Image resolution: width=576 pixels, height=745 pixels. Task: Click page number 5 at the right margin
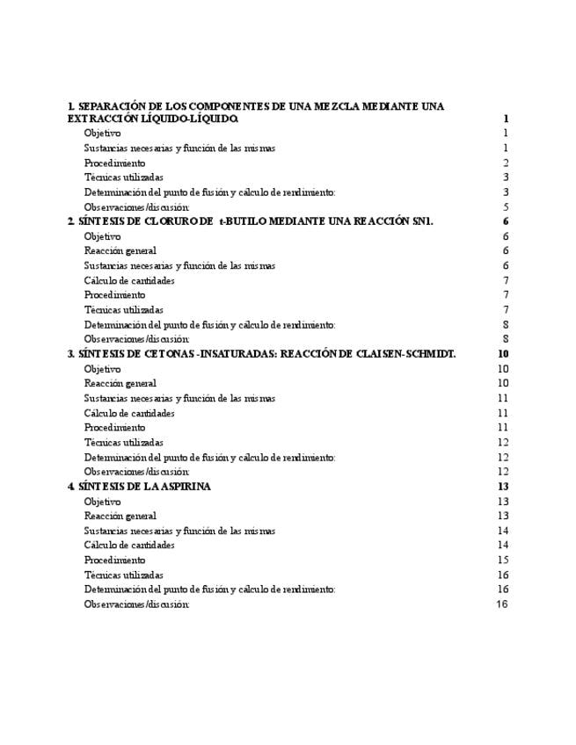506,207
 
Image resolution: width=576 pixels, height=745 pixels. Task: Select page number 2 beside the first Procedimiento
506,163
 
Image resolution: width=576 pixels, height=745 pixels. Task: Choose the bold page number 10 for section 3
503,354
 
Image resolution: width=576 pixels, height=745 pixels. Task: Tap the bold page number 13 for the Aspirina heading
503,486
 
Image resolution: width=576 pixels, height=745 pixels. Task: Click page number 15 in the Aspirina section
503,560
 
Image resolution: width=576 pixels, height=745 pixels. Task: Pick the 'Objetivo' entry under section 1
103,133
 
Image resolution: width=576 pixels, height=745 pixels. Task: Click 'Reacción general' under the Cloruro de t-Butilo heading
120,251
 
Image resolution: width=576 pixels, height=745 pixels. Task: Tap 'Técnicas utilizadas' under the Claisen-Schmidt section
124,443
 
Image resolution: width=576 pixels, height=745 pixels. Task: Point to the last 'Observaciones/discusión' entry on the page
137,604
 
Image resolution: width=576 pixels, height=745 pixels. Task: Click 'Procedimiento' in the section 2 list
115,295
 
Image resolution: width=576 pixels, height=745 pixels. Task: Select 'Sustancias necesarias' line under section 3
179,398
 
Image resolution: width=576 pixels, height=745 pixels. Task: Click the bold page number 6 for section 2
506,221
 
